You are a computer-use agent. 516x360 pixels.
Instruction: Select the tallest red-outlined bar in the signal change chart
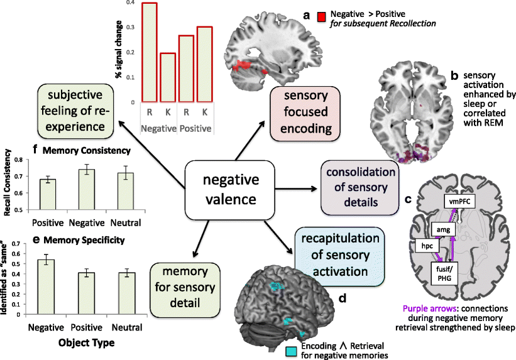(149, 52)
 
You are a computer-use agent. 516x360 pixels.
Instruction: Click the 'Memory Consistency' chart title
(64, 151)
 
